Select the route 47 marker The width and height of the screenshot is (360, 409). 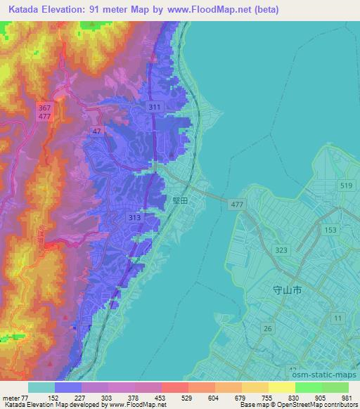pyautogui.click(x=96, y=131)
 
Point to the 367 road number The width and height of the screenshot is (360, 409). pyautogui.click(x=45, y=108)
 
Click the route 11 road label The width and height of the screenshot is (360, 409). pyautogui.click(x=339, y=318)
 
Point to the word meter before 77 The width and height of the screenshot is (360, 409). pyautogui.click(x=12, y=397)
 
